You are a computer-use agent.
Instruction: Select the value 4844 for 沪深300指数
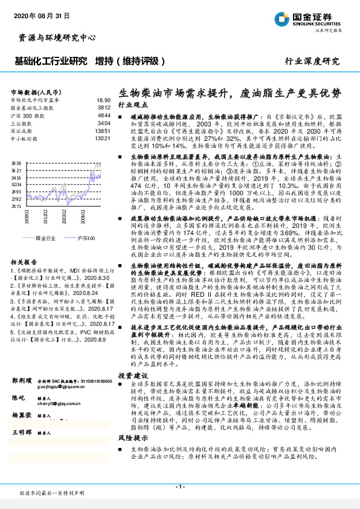click(103, 115)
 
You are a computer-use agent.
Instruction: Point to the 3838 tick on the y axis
click(16, 163)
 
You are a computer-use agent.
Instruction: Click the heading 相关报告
click(23, 262)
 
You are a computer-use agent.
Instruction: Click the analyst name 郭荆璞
click(22, 381)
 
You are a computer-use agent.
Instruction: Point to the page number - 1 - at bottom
click(180, 487)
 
